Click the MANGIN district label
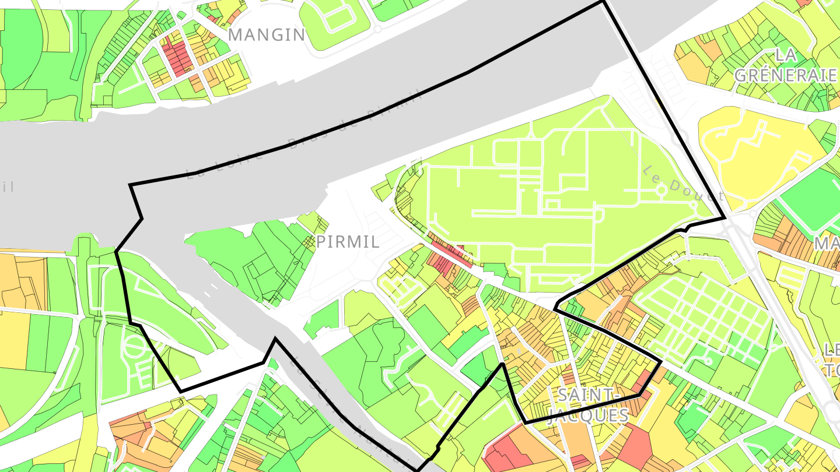[267, 35]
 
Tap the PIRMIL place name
[348, 242]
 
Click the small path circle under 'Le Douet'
[661, 190]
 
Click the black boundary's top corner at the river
[603, 2]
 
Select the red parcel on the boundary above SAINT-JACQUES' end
[644, 382]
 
